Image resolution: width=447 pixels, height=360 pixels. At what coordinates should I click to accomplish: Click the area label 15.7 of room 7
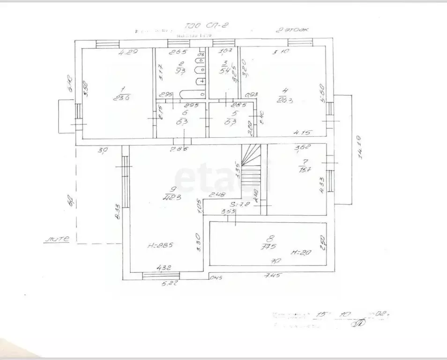click(x=301, y=169)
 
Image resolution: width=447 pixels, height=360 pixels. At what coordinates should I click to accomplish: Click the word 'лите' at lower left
click(x=57, y=239)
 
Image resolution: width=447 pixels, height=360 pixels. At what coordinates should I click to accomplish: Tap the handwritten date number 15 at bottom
click(x=321, y=314)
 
